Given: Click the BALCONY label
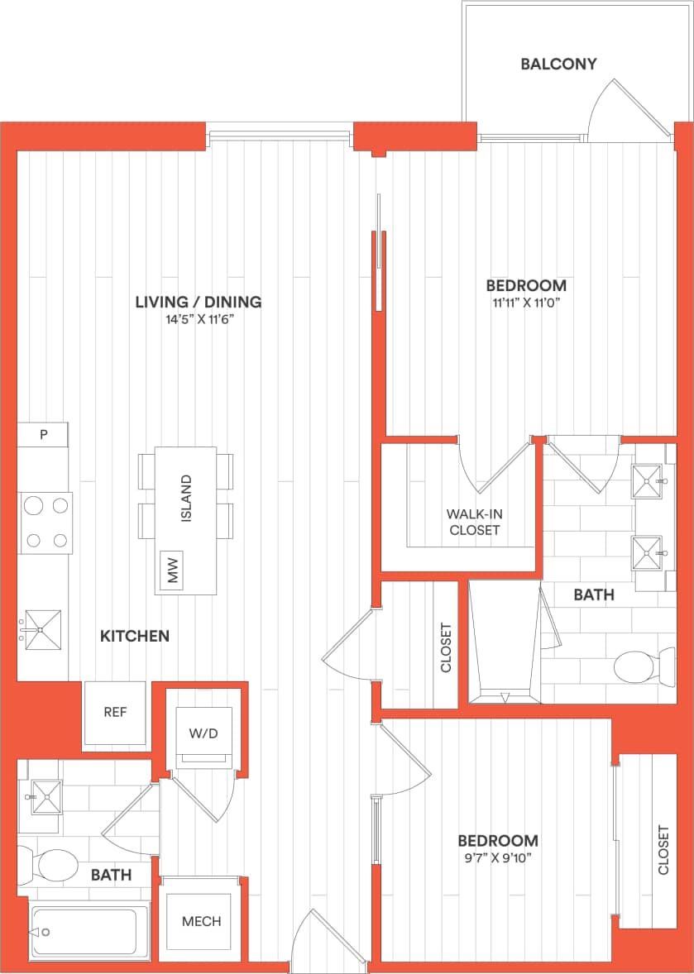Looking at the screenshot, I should pos(558,64).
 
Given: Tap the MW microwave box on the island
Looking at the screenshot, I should pos(174,570).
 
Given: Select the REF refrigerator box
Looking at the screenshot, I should pos(115,712).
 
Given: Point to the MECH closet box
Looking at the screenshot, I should pos(202,921).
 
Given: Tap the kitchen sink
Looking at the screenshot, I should pos(42,630).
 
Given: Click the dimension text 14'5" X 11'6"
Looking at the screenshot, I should pos(199,321).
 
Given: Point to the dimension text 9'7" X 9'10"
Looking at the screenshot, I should pos(498,858).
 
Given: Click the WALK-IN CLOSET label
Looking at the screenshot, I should pos(475,522).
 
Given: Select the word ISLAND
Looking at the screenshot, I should pos(186,499).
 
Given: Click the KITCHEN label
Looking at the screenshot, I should pos(135,636).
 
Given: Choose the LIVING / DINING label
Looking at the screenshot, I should pos(199,302).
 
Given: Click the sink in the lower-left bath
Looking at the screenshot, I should pos(46,796).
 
